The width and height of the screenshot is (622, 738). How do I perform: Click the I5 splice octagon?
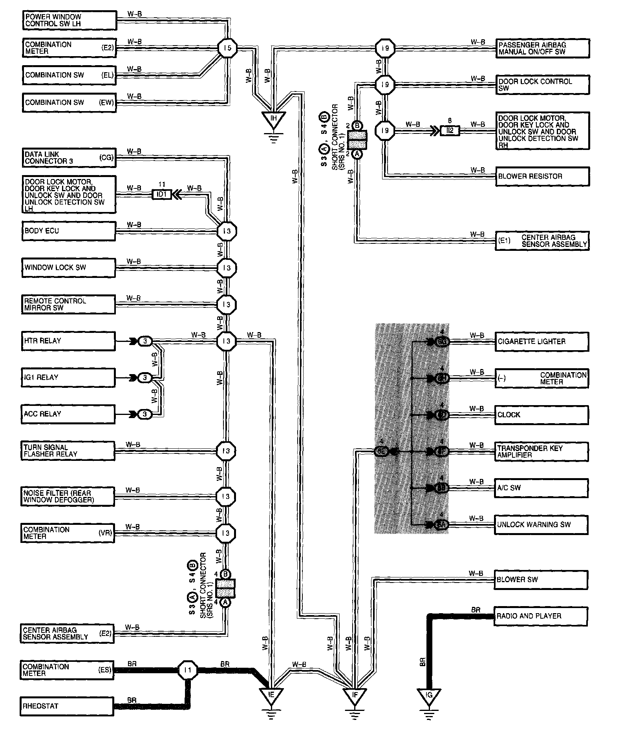tap(228, 48)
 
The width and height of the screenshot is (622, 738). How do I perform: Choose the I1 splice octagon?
tap(188, 670)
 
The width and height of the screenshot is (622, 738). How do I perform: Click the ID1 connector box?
tap(162, 194)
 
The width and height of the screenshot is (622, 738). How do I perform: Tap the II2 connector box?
tap(450, 131)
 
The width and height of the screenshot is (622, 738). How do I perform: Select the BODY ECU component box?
tap(68, 231)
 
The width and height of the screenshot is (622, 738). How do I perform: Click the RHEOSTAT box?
tap(67, 706)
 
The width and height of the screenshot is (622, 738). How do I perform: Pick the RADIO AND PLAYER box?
tap(541, 616)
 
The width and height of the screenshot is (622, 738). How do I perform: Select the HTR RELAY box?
tap(68, 341)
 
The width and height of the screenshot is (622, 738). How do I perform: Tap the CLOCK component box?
tap(542, 415)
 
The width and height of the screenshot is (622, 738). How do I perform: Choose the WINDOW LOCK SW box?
tap(68, 268)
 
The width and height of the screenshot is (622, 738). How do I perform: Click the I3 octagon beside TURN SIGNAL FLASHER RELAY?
tap(226, 451)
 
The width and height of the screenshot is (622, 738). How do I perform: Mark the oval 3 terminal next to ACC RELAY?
tap(145, 414)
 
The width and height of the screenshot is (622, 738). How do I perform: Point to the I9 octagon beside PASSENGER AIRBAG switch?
tap(385, 48)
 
